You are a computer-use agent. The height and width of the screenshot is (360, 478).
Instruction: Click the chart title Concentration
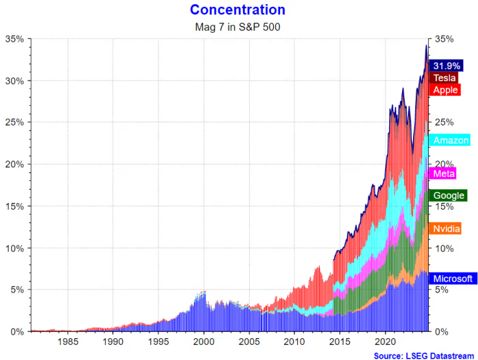pos(238,10)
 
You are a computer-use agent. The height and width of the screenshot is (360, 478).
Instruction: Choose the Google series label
pos(447,195)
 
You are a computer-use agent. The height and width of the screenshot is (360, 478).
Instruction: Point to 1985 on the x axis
pos(68,342)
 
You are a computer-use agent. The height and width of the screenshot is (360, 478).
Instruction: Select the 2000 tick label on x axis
pos(204,342)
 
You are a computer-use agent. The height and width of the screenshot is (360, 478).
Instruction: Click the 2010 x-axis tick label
pos(295,342)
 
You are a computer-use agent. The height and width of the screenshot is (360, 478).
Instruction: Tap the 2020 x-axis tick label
pos(386,342)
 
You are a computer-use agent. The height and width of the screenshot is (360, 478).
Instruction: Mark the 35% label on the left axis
pos(14,39)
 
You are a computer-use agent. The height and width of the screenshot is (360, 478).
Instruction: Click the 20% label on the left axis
pos(14,164)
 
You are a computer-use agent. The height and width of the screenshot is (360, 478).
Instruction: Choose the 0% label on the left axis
pos(17,331)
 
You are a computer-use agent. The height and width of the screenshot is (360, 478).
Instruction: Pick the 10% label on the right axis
pos(443,248)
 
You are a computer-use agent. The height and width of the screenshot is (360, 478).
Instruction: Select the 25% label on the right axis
pos(443,123)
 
